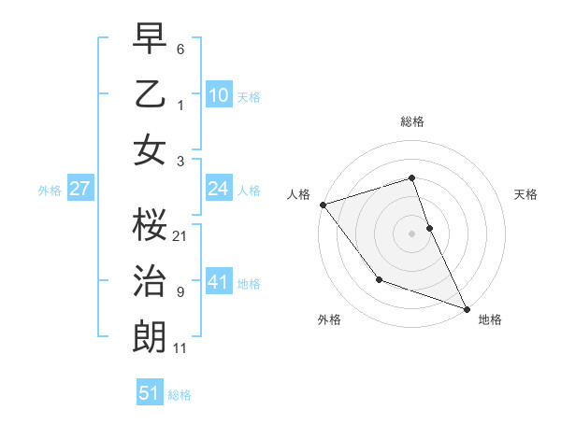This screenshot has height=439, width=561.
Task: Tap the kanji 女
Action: pos(150,150)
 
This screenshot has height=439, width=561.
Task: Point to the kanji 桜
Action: pos(150,224)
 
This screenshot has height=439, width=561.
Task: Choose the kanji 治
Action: pos(150,281)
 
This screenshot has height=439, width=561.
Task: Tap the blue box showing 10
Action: pos(218,94)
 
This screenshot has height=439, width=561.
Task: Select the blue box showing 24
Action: pos(218,189)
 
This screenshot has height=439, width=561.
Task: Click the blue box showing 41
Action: pos(218,282)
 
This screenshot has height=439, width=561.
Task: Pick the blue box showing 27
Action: pos(79,189)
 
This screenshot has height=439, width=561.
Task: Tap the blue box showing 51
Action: pos(150,393)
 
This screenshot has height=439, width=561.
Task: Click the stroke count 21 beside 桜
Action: pos(180,235)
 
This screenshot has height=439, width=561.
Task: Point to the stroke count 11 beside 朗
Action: pos(180,348)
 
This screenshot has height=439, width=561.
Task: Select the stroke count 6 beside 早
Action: pos(180,49)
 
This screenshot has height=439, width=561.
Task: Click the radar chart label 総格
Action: pos(411,121)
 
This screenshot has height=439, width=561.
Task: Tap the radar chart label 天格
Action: pos(525,194)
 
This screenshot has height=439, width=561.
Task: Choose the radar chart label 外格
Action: pos(329,319)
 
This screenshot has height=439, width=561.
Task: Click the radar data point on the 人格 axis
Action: pos(323,205)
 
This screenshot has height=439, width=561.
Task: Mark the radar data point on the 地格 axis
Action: pos(467,308)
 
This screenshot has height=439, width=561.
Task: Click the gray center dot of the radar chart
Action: pos(411,233)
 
